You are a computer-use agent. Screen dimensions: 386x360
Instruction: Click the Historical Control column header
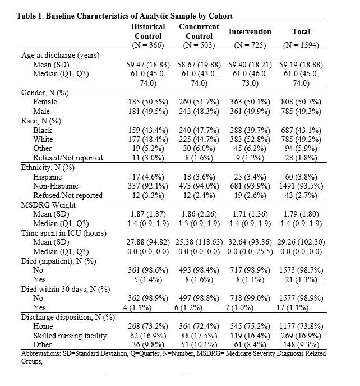(x=148, y=31)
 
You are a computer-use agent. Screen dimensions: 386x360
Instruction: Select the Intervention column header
(x=250, y=31)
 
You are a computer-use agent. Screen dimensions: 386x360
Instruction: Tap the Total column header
(x=301, y=31)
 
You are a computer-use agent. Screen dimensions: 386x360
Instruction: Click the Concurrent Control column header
(x=199, y=31)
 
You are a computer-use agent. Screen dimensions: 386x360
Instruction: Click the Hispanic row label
(x=48, y=177)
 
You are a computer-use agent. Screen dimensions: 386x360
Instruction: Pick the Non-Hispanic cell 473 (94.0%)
(x=200, y=186)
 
